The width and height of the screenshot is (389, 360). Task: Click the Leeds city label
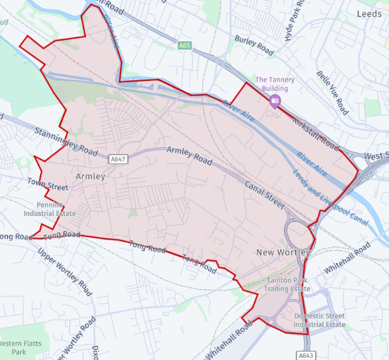pos(372,13)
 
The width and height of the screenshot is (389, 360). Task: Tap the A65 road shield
pos(185,45)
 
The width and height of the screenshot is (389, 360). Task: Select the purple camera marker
pos(275,100)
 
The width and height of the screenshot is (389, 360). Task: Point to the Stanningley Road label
pos(62,138)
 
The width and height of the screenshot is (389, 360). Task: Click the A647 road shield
pos(117,159)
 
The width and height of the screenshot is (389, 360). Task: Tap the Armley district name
pos(90,176)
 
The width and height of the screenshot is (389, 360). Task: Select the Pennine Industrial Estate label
pos(50,208)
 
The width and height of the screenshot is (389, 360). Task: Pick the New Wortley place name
pos(283,252)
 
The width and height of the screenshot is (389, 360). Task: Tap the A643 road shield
pos(307,355)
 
